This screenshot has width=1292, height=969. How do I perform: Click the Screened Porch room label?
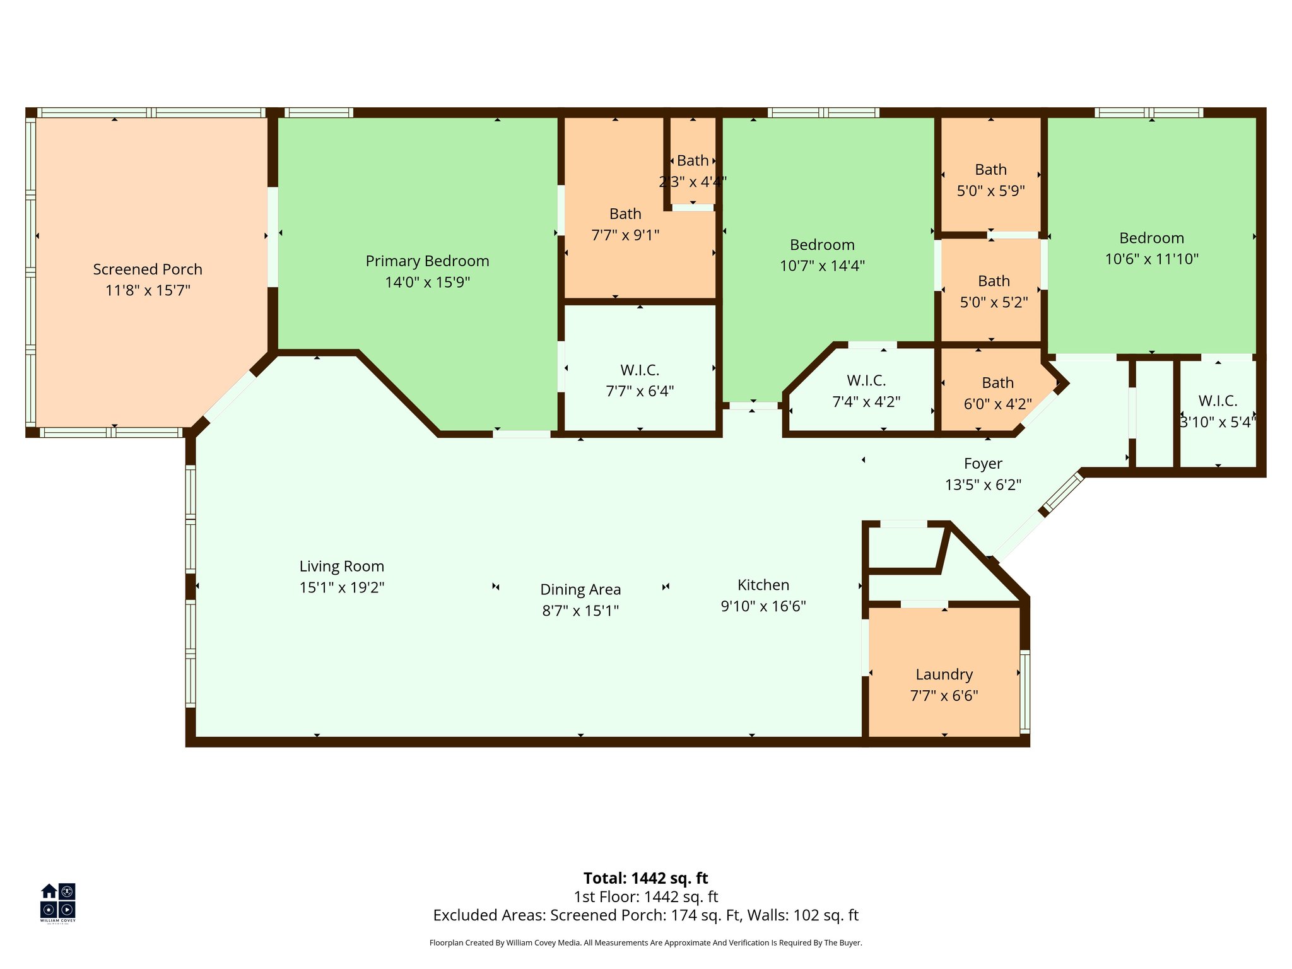point(148,269)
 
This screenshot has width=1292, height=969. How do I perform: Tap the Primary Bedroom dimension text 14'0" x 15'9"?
point(427,282)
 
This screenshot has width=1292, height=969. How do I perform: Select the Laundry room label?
point(944,674)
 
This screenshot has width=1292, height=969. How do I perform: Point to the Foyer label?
point(982,464)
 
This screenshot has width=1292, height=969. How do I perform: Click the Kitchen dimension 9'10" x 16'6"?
point(763,606)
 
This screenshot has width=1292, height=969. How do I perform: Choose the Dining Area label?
point(580,589)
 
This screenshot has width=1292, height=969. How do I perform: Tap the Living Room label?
point(341,567)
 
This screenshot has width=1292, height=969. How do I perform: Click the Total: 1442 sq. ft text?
point(645,878)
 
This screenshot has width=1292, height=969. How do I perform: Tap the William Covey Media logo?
point(58,901)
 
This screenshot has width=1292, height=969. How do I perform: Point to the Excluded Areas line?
point(645,915)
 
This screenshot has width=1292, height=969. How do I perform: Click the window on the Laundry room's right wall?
point(1025,692)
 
